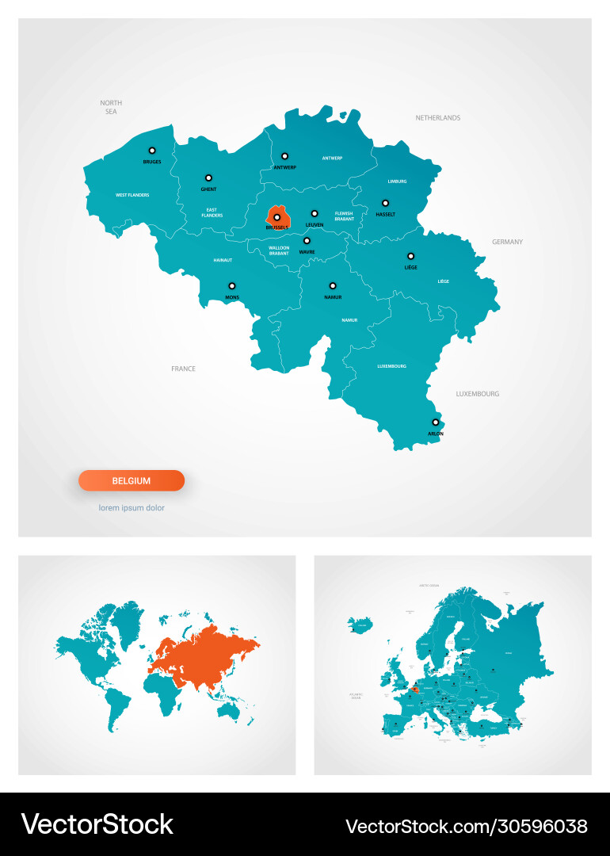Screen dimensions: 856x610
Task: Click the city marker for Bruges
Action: pos(152,150)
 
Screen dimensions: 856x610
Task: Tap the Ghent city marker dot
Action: pos(208,178)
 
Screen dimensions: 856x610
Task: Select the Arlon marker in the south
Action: pos(435,422)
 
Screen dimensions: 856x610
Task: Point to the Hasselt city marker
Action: pos(385,203)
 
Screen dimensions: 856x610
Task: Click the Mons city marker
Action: pos(232,286)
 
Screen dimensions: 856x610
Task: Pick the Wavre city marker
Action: pos(307,240)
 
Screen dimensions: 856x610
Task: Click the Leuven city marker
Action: pos(315,213)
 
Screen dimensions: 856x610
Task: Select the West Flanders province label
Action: pos(132,195)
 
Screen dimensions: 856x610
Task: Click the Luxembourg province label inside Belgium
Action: pos(391,366)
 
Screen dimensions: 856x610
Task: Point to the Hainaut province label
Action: pos(223,260)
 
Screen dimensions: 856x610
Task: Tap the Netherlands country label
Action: pos(437,118)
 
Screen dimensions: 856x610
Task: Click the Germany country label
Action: pos(507,242)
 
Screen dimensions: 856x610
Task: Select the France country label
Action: pos(183,369)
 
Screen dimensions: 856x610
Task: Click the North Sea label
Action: pos(111,107)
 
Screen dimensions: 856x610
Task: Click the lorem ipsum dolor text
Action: pos(132,508)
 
